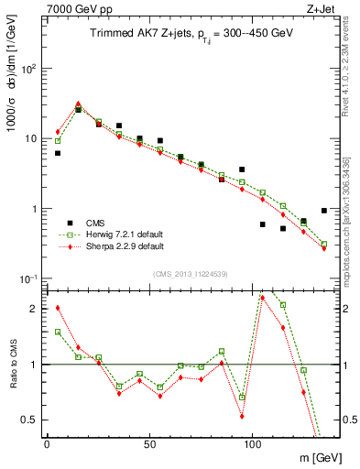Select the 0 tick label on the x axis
click(47, 444)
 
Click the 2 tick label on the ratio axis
click(34, 309)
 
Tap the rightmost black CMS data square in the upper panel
click(324, 211)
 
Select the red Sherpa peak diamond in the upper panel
click(78, 104)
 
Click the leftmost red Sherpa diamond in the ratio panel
click(58, 308)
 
